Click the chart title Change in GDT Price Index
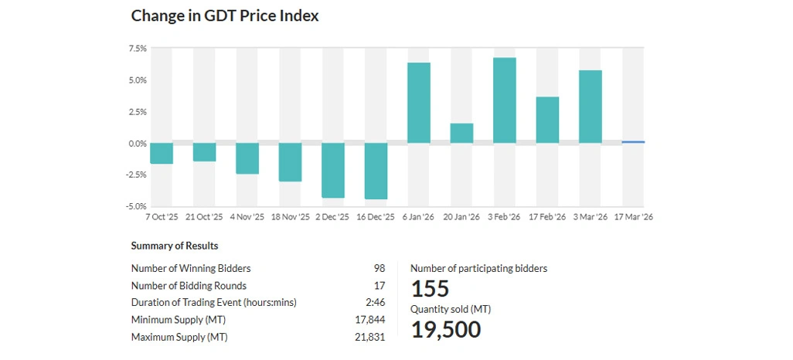(x=224, y=15)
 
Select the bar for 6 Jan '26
(x=419, y=103)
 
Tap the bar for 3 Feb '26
(x=505, y=100)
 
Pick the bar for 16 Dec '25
(x=376, y=171)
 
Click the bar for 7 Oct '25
(x=162, y=153)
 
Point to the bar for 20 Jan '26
(x=461, y=133)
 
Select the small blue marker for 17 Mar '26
(x=633, y=142)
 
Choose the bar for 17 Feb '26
(x=547, y=120)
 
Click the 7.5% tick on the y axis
(x=138, y=49)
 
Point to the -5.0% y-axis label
(x=137, y=206)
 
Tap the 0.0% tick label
(x=138, y=144)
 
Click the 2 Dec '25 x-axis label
(x=332, y=217)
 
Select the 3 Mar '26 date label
(x=590, y=217)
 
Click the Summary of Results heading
(x=175, y=246)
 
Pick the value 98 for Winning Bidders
(x=379, y=268)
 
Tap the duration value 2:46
(x=375, y=302)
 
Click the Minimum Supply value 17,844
(x=369, y=320)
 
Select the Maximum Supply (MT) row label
(x=179, y=337)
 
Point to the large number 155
(x=430, y=289)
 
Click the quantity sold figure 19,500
(x=445, y=330)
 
